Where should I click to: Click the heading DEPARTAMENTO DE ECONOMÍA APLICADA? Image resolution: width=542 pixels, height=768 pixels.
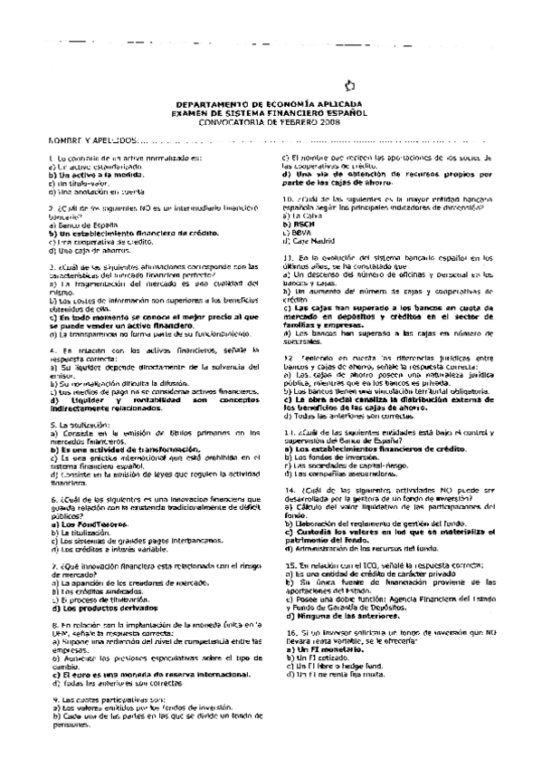click(x=271, y=105)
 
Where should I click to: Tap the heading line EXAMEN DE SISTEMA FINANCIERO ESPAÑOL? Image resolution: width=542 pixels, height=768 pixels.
click(x=271, y=113)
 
